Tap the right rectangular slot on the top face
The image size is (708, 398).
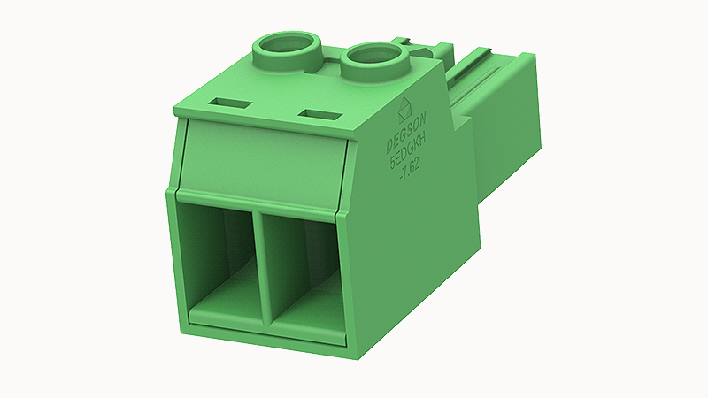[x=321, y=115]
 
